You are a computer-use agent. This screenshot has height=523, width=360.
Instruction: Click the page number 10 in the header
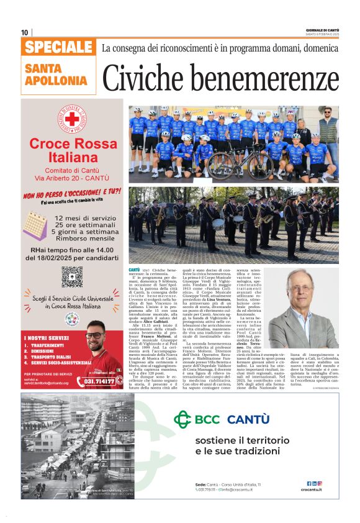click(x=25, y=32)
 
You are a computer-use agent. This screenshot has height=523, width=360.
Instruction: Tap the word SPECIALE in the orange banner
click(x=59, y=47)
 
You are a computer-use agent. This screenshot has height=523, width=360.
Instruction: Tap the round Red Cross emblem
click(x=72, y=118)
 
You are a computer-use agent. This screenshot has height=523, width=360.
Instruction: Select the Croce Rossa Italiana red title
click(x=72, y=150)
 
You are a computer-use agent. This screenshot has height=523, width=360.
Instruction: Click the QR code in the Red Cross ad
click(x=72, y=276)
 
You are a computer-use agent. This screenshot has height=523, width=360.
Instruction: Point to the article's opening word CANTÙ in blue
click(x=134, y=271)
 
